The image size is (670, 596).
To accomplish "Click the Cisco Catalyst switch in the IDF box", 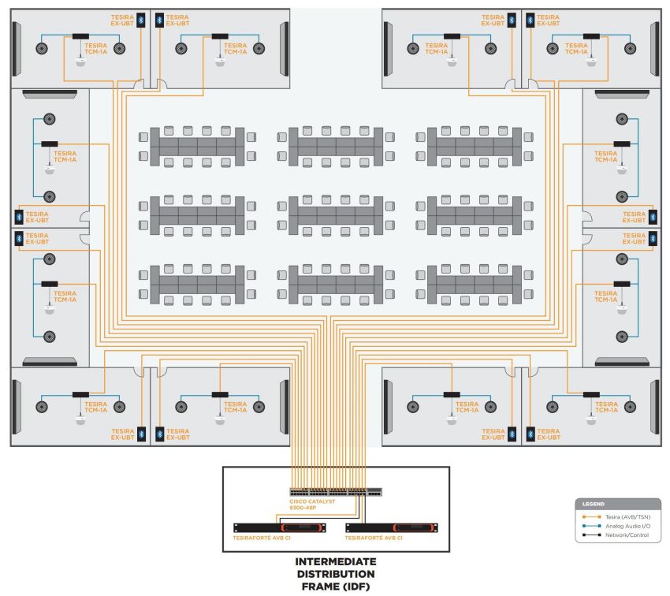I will pyautogui.click(x=336, y=491).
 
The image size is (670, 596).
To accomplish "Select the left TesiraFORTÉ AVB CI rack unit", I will pyautogui.click(x=279, y=528).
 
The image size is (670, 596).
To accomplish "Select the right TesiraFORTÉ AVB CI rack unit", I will pyautogui.click(x=391, y=528).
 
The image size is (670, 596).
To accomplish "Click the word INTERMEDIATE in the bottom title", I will pyautogui.click(x=336, y=561).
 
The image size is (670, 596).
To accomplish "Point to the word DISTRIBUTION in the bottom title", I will pyautogui.click(x=336, y=574).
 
